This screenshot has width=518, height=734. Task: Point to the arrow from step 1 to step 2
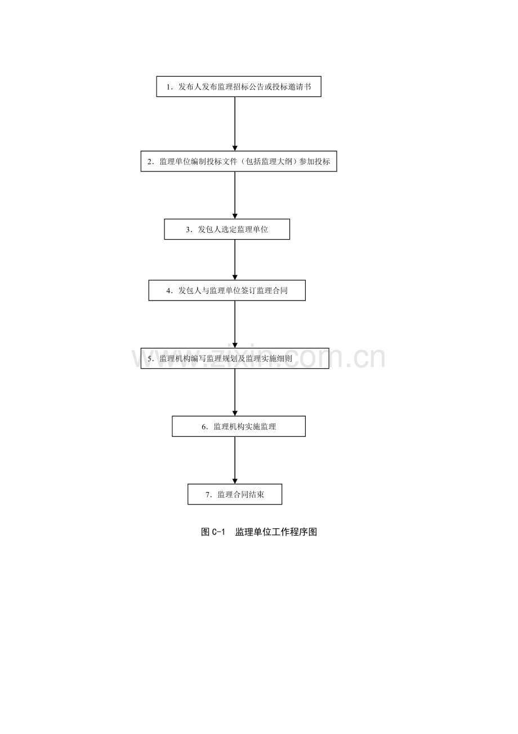(235, 124)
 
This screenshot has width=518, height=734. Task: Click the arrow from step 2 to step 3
(235, 195)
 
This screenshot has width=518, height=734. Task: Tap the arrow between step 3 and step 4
(235, 260)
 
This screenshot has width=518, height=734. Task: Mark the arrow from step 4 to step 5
(235, 324)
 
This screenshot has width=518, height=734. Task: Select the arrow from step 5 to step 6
(235, 392)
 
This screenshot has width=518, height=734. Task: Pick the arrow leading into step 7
(235, 461)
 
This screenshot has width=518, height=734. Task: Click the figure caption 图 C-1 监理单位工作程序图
(259, 532)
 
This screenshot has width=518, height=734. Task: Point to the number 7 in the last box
(207, 495)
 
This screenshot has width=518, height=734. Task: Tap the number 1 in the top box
(168, 87)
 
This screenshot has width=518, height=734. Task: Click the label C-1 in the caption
(218, 532)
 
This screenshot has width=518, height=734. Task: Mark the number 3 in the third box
(188, 229)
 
